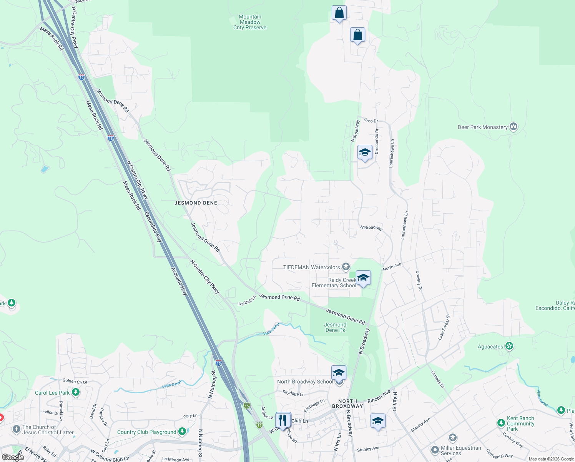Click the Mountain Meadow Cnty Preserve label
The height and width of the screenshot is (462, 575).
pyautogui.click(x=250, y=22)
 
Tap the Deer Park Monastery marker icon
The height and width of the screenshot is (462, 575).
pyautogui.click(x=514, y=127)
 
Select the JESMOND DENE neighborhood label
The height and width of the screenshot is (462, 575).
pyautogui.click(x=196, y=203)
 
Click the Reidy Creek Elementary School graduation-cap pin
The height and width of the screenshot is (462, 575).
pyautogui.click(x=363, y=278)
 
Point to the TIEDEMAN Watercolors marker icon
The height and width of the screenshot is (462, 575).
pyautogui.click(x=346, y=267)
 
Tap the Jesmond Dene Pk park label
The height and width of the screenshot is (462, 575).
pyautogui.click(x=335, y=327)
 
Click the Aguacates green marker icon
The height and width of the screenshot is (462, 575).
pyautogui.click(x=509, y=346)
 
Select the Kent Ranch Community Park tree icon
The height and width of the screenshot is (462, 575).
pyautogui.click(x=501, y=423)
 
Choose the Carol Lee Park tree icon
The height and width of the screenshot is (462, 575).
pyautogui.click(x=76, y=392)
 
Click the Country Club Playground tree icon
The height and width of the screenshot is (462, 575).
pyautogui.click(x=182, y=432)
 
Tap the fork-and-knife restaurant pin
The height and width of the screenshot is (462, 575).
pyautogui.click(x=283, y=420)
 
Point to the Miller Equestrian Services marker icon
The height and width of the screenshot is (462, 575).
pyautogui.click(x=435, y=450)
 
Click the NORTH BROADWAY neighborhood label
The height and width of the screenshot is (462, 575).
pyautogui.click(x=347, y=403)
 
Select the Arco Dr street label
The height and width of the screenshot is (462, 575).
pyautogui.click(x=371, y=121)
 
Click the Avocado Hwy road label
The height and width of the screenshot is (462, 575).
pyautogui.click(x=179, y=281)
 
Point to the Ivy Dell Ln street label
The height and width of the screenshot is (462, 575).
pyautogui.click(x=247, y=301)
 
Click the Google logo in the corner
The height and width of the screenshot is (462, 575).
pyautogui.click(x=13, y=457)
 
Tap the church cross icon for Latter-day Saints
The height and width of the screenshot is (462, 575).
pyautogui.click(x=16, y=429)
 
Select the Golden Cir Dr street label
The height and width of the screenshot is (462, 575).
pyautogui.click(x=75, y=382)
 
